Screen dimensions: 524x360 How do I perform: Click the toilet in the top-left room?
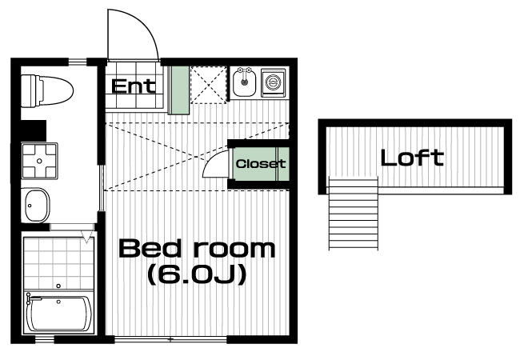[47, 91]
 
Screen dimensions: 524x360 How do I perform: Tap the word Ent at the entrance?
[134, 86]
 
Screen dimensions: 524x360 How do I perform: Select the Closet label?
[261, 164]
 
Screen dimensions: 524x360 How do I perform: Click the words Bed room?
[197, 248]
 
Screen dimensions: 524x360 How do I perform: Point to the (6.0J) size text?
[197, 274]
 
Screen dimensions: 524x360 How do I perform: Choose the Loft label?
[412, 158]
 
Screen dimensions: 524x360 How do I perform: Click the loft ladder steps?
[354, 214]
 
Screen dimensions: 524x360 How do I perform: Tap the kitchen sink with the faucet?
[245, 82]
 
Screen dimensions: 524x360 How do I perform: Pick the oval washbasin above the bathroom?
[36, 206]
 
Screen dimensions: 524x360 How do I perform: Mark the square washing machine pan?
[39, 161]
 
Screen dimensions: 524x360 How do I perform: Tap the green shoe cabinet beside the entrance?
[178, 90]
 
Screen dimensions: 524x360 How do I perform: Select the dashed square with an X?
[208, 85]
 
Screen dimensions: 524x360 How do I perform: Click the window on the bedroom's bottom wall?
[170, 340]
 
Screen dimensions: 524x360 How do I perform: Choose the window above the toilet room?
[78, 62]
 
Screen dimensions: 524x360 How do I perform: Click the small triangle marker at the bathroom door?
[87, 237]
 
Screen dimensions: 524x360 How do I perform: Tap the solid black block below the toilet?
[34, 130]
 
